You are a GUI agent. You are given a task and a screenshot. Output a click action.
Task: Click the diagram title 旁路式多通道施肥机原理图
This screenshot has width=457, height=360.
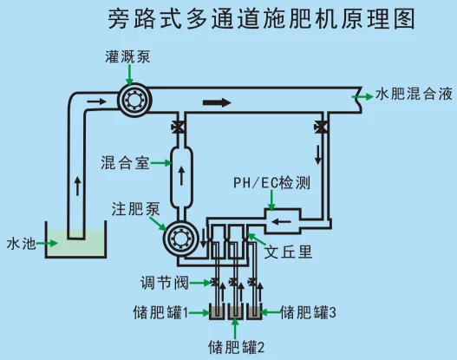tap(261, 19)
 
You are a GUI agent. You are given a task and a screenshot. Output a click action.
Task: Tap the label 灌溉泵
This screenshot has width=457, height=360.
tap(127, 57)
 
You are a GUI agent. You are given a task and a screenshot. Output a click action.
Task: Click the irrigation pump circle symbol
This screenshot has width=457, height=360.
tap(134, 100)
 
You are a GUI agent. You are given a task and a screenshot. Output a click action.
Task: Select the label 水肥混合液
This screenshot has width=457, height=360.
tap(414, 95)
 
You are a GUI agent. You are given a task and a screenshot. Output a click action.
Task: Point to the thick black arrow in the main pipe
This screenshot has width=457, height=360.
tap(217, 102)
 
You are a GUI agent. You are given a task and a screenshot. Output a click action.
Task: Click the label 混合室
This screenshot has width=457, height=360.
tap(125, 163)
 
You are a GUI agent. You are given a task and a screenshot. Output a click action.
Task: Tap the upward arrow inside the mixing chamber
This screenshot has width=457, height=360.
tap(181, 176)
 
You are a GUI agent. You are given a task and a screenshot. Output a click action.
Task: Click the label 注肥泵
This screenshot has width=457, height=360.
tap(135, 209)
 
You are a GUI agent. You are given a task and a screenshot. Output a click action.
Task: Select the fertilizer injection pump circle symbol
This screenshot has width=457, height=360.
tap(180, 239)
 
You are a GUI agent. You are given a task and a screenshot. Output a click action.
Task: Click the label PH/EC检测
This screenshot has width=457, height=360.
tap(272, 183)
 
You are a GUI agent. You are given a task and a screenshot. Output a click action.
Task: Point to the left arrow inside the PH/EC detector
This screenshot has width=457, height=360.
tap(281, 222)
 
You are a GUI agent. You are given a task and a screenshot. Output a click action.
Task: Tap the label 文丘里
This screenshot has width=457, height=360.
tap(288, 252)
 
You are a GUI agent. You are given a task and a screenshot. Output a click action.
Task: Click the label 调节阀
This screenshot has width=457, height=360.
tap(165, 283)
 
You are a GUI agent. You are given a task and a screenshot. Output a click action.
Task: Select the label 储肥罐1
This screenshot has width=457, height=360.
tap(160, 312)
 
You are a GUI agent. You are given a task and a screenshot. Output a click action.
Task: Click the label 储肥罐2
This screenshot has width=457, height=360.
tap(236, 347)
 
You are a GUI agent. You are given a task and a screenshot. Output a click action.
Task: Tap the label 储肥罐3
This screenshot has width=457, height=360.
tap(308, 312)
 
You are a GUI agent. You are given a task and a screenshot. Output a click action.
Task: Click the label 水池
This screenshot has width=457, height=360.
tap(21, 244)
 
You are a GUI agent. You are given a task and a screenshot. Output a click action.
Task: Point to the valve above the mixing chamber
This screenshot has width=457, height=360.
tap(178, 128)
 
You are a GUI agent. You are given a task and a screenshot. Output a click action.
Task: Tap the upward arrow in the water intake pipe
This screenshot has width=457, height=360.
tap(77, 186)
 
